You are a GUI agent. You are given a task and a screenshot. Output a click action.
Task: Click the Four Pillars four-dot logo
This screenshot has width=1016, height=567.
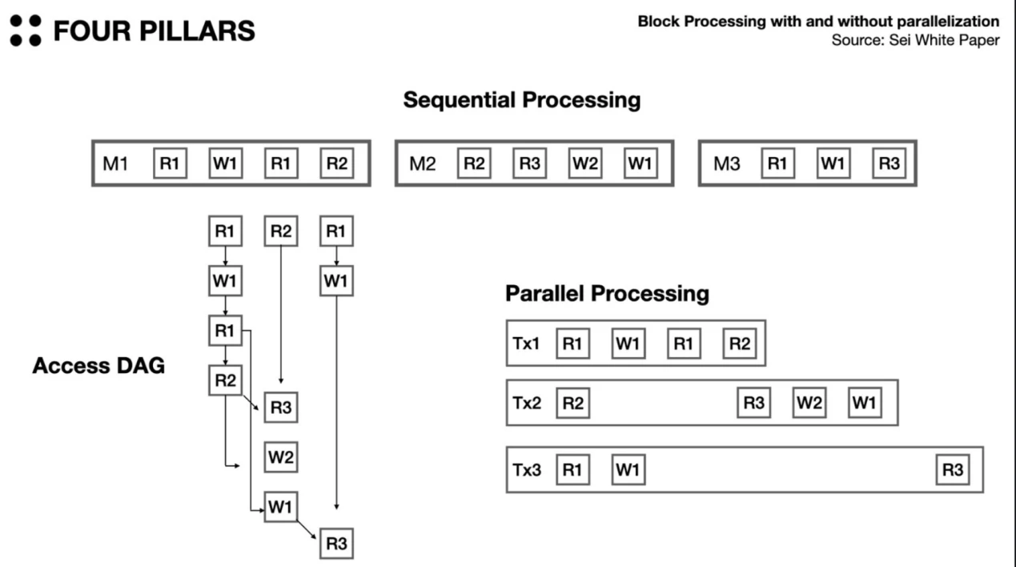[x=25, y=30]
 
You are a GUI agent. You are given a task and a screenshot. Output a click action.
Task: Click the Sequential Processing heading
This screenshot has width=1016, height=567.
[x=521, y=100]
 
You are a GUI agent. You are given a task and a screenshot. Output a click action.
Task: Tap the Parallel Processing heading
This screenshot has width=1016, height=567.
[x=607, y=294]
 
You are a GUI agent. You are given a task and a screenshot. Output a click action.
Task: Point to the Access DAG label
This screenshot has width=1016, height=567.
[x=98, y=366]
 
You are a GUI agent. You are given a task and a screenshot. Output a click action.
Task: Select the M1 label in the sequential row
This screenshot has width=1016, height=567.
[x=115, y=164]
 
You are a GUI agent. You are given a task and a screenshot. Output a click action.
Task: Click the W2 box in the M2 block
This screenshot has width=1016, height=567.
[x=584, y=164]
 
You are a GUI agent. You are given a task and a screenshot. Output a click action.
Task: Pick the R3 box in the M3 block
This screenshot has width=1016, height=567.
[x=889, y=164]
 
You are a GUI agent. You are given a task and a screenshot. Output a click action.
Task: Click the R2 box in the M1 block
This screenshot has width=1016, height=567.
[x=336, y=164]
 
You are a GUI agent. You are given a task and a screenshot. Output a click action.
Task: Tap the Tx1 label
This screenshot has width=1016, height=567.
[x=526, y=344]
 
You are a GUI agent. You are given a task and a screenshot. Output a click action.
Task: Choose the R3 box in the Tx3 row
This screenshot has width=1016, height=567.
[x=953, y=470]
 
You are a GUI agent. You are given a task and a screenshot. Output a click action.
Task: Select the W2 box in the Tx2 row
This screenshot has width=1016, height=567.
[x=809, y=403]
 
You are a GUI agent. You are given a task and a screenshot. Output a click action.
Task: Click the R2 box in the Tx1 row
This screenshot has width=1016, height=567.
[x=739, y=344]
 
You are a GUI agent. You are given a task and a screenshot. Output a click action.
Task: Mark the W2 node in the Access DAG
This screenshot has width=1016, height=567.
[x=281, y=457]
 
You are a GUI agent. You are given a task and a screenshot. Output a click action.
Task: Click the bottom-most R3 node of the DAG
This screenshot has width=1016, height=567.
[x=336, y=544]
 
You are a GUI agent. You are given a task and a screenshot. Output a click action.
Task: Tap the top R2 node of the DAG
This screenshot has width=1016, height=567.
[x=281, y=232]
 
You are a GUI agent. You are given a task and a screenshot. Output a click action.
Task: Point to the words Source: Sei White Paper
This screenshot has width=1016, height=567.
[x=915, y=40]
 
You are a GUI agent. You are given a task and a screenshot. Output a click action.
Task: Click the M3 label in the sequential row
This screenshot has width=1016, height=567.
[x=727, y=164]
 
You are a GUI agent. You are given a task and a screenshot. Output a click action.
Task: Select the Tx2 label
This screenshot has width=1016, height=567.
[x=526, y=403]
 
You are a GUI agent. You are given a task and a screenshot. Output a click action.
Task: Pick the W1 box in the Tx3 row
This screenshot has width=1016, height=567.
[x=628, y=470]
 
